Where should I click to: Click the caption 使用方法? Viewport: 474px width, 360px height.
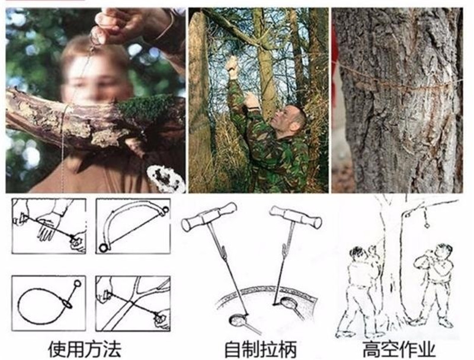tap(85, 349)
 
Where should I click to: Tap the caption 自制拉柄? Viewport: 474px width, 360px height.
tap(260, 349)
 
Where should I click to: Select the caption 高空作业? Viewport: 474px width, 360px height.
tap(399, 349)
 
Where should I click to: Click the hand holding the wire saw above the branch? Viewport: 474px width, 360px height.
tap(121, 24)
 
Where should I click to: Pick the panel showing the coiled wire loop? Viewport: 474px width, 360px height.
tap(49, 303)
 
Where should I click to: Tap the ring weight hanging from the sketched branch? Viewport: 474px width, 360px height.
tap(427, 225)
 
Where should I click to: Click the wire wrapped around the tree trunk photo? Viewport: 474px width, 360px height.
tap(399, 82)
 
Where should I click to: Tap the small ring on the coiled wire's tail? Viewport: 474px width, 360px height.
tap(78, 283)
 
